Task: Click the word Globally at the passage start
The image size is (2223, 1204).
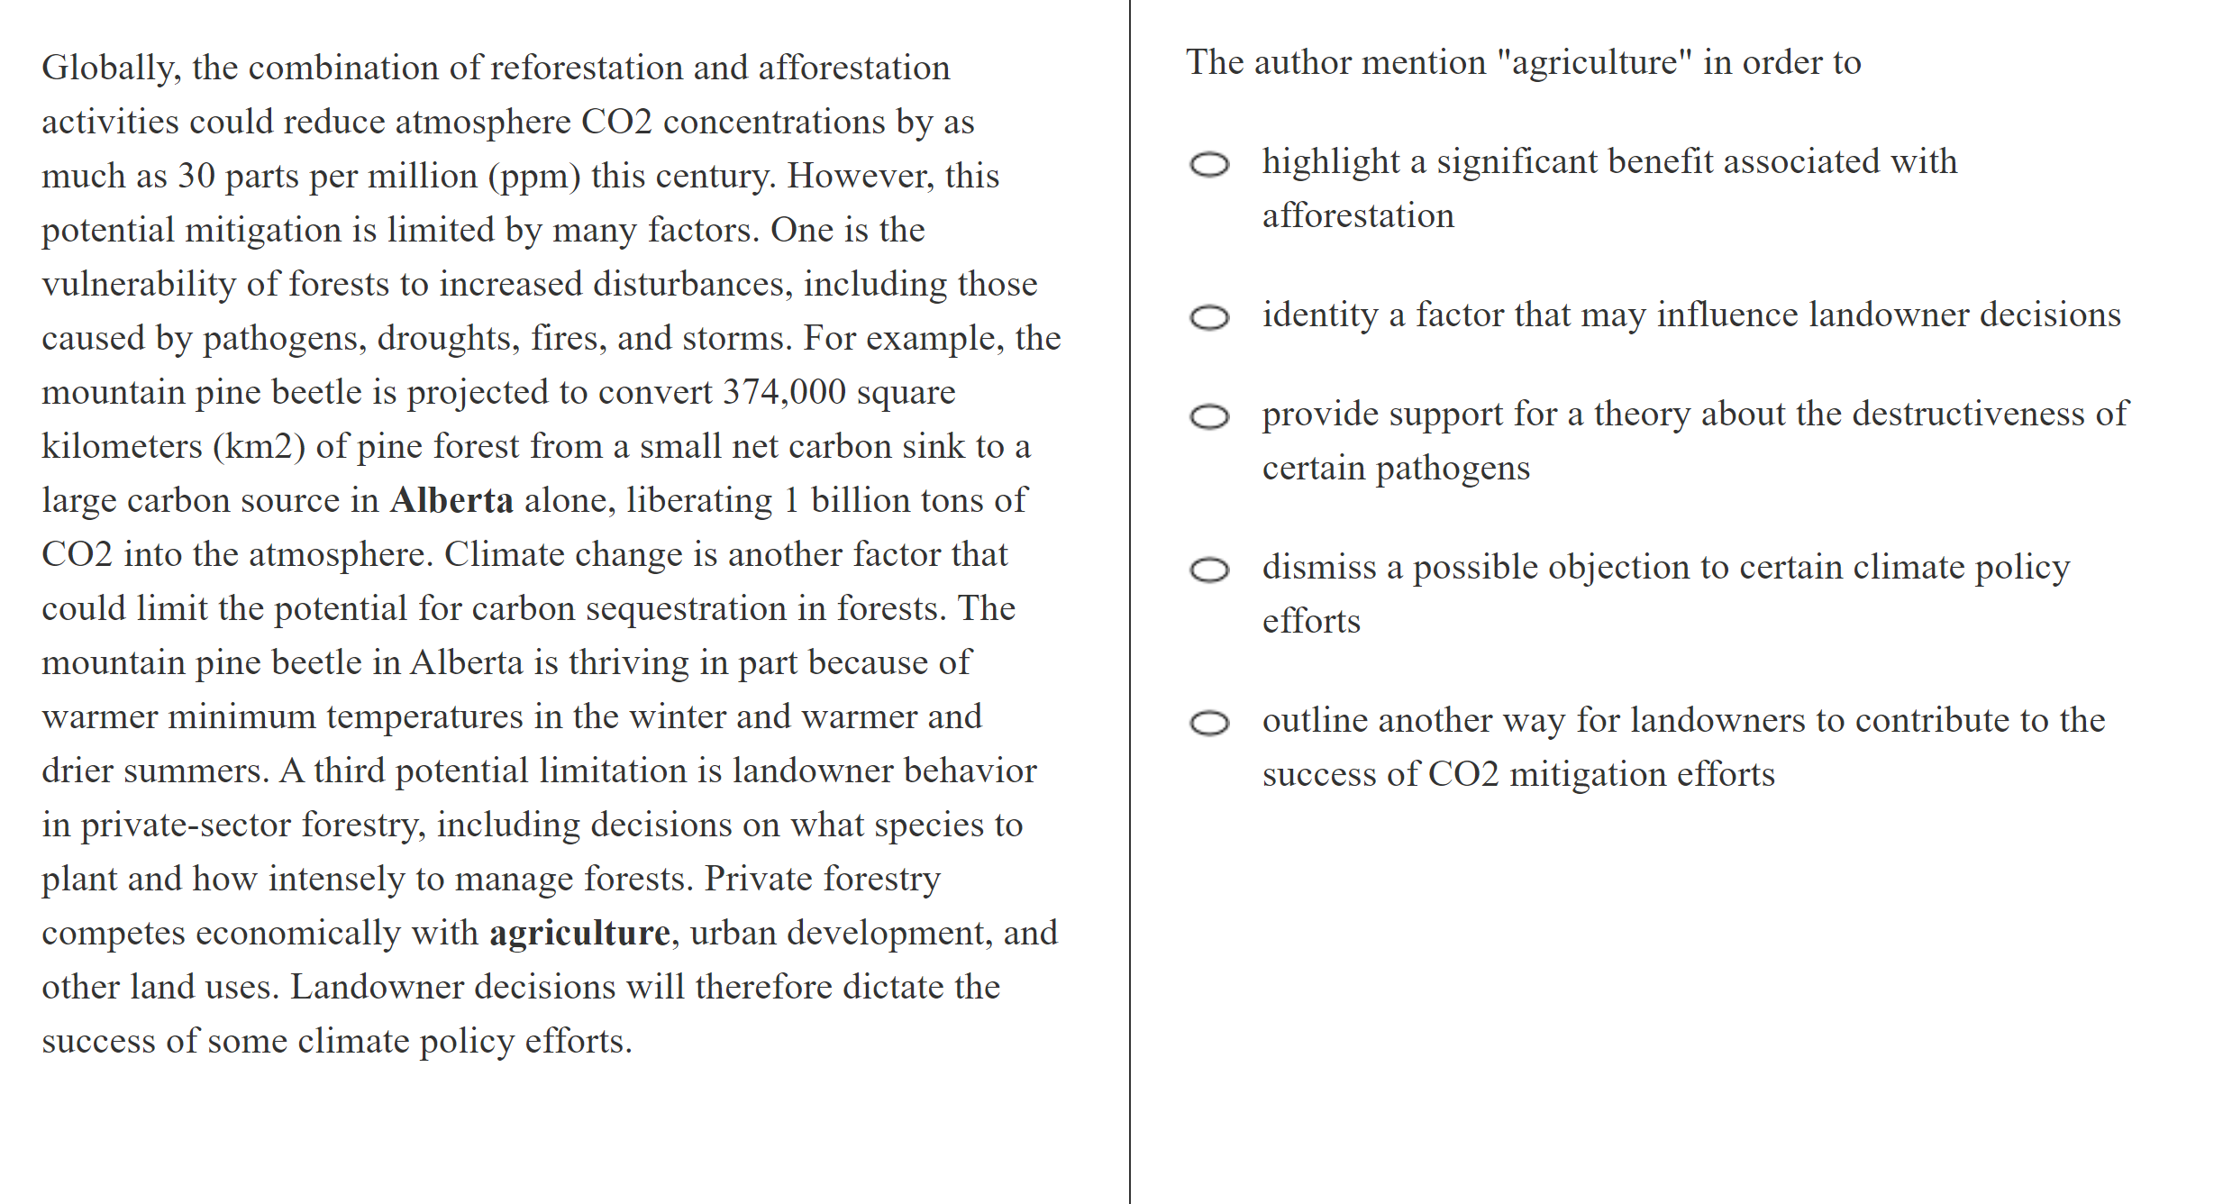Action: [x=110, y=68]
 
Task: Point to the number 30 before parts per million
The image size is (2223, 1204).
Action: [x=196, y=177]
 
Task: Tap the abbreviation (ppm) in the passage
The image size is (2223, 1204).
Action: [x=534, y=177]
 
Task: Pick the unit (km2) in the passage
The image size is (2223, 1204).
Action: [x=259, y=447]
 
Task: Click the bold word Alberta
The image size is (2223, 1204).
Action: [x=451, y=501]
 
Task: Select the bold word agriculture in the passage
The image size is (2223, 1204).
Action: [x=579, y=934]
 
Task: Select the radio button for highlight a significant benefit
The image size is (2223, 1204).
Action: [x=1209, y=164]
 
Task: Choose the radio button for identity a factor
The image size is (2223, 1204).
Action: [x=1209, y=317]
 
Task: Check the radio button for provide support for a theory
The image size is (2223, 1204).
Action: [x=1209, y=416]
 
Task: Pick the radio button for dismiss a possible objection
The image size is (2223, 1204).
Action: [x=1209, y=570]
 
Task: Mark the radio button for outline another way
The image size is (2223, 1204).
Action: [x=1209, y=723]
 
